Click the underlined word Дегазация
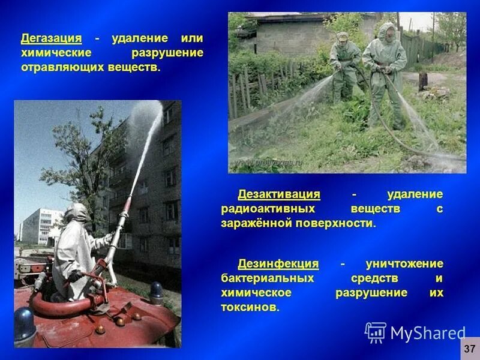click(51, 38)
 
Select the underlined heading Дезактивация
click(278, 194)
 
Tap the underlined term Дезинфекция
click(278, 264)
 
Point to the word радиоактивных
click(263, 209)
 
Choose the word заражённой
click(256, 223)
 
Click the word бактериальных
click(267, 278)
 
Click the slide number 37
click(469, 348)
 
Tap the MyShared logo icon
click(376, 332)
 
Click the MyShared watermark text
click(428, 333)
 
